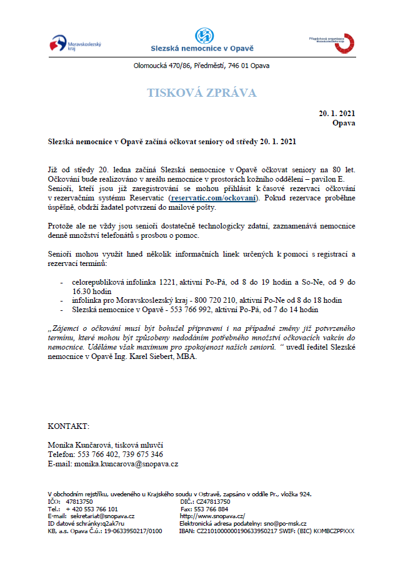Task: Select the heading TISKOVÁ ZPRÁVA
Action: pos(201,93)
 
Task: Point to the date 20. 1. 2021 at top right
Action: pos(337,113)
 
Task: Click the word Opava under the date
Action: pos(344,122)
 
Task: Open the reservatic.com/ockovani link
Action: pos(213,197)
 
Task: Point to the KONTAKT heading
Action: pos(69,426)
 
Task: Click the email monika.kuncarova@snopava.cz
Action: pos(126,464)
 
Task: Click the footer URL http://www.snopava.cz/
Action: pos(212,516)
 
